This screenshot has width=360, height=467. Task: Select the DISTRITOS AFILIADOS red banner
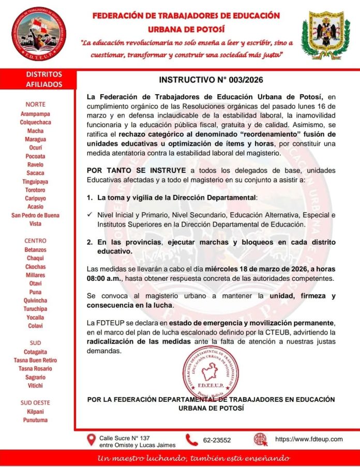tap(44, 79)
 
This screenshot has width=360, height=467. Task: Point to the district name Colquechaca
tap(36, 122)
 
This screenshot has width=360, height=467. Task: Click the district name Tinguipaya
tap(36, 181)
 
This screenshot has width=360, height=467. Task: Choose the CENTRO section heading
tap(36, 240)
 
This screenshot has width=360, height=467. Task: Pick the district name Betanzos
tap(36, 250)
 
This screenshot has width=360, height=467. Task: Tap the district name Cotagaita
tap(36, 352)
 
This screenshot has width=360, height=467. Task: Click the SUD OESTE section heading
tap(36, 402)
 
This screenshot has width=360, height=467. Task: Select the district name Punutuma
tap(36, 420)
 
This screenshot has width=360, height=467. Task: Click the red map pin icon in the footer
tap(91, 440)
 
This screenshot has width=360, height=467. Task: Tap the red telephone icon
tap(192, 440)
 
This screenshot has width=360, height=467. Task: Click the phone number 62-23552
tap(217, 440)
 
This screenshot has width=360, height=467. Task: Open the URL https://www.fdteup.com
tap(309, 439)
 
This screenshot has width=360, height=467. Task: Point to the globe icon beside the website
tap(261, 440)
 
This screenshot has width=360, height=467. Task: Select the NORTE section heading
tap(36, 104)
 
